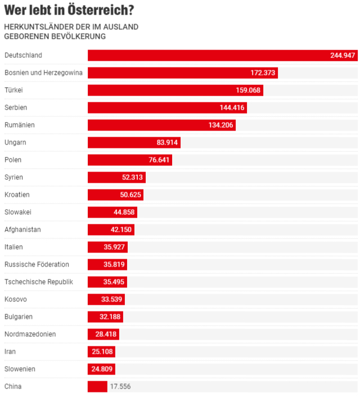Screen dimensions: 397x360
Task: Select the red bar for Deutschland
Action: (x=208, y=55)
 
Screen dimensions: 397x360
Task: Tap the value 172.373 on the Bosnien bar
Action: (x=263, y=73)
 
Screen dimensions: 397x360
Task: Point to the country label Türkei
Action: (x=13, y=90)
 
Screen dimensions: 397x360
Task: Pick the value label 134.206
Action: (x=220, y=125)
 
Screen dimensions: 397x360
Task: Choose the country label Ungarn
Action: (x=15, y=142)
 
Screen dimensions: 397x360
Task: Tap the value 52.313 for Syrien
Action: (x=133, y=177)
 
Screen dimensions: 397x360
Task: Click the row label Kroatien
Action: (x=17, y=195)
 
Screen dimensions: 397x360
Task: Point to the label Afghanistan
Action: (x=22, y=229)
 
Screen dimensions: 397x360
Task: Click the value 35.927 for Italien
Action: (x=115, y=247)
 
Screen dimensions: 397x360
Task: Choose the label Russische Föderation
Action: (x=37, y=264)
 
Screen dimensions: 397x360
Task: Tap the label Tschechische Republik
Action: (x=39, y=282)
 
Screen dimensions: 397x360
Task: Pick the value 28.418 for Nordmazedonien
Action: (x=106, y=334)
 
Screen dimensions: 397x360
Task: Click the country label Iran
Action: (x=10, y=351)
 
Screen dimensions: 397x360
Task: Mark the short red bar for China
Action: (x=97, y=386)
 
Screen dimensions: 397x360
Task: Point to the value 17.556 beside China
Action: (x=120, y=386)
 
